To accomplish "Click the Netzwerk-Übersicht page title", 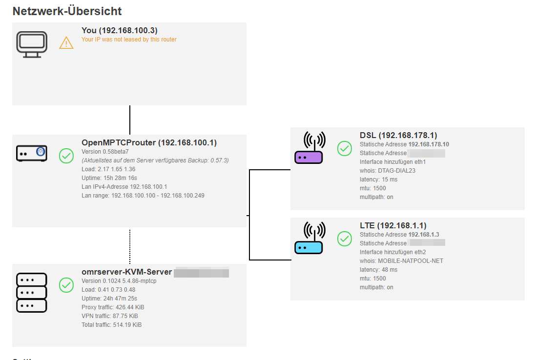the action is coord(67,11).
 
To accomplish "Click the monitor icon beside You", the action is coord(32,44).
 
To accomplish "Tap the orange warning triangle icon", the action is coord(66,43).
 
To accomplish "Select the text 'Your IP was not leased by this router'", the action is coord(129,40).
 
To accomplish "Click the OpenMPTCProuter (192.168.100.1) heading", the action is coord(149,142).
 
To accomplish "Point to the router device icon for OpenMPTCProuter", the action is coord(32,153).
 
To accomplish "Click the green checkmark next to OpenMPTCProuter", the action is coord(66,156).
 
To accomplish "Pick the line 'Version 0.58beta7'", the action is coord(104,152).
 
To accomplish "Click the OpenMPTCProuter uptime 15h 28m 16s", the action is coord(109,178).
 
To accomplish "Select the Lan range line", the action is coord(143,196).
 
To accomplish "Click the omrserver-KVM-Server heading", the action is coord(127,272).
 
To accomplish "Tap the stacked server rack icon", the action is coord(32,292).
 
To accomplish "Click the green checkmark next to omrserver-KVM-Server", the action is coord(66,285).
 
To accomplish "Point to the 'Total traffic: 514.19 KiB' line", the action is coord(111,325).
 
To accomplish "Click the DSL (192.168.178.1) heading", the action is coord(398,135).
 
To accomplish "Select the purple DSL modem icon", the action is coord(309,148).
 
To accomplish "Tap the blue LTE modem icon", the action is coord(309,238).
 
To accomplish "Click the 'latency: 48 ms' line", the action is coord(378,270).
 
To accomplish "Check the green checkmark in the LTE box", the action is coord(345,238).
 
